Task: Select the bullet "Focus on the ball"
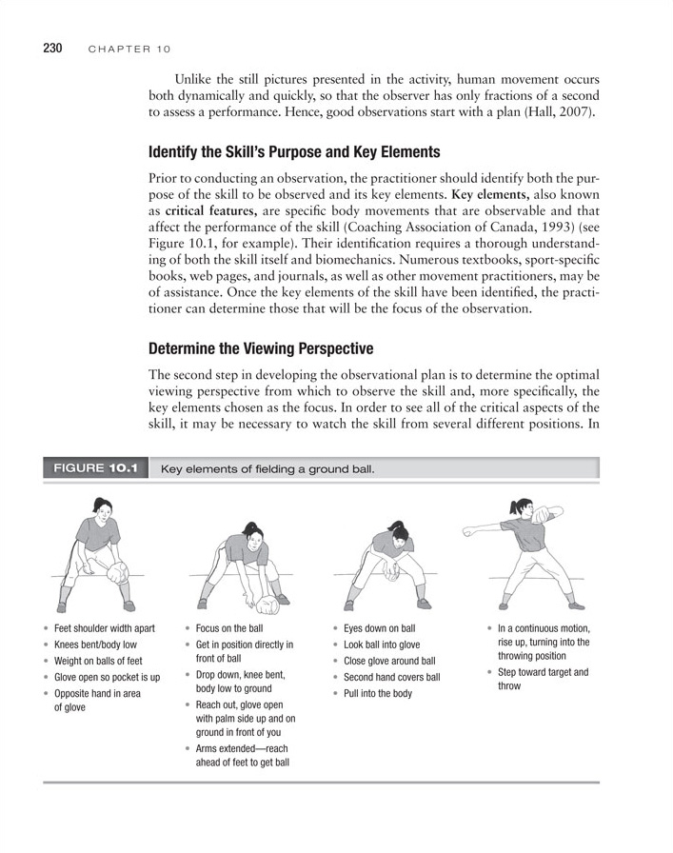[x=228, y=629]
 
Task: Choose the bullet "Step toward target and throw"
[x=543, y=679]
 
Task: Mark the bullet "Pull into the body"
[x=378, y=694]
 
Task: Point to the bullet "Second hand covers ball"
[x=391, y=678]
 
